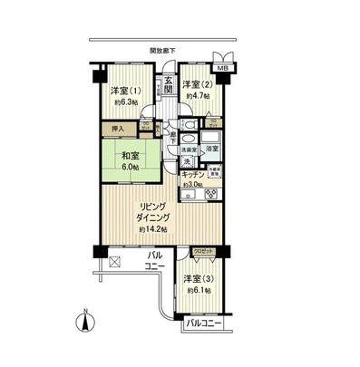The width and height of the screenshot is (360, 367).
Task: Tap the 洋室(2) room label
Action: pos(195,84)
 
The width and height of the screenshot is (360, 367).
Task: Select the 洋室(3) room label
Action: pos(198,278)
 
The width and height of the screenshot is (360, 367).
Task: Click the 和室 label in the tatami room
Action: pos(127,155)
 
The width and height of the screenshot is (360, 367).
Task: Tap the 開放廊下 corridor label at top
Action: pos(162,51)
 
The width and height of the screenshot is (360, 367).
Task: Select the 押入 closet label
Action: pos(118,130)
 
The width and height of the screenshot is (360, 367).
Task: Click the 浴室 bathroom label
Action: pos(210,147)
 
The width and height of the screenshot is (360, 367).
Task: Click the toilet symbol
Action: pos(190,125)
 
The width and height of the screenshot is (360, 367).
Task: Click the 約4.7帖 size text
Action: pos(197,95)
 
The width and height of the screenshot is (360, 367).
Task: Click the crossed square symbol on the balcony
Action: pos(115,263)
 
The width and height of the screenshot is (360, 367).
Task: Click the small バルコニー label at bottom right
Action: pos(205,322)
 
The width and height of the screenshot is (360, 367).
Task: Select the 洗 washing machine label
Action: pos(187,161)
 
